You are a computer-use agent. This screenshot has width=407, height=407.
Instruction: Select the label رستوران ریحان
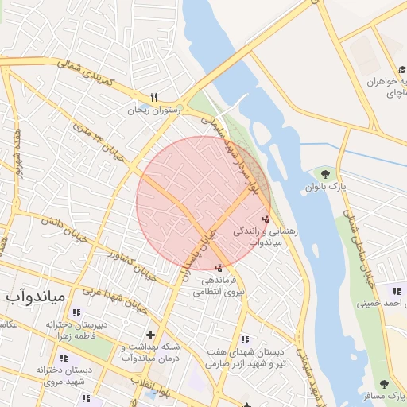pyautogui.click(x=155, y=110)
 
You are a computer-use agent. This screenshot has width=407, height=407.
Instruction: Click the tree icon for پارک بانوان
pyautogui.click(x=325, y=173)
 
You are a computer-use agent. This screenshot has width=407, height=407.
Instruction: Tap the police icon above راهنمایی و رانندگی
pyautogui.click(x=265, y=218)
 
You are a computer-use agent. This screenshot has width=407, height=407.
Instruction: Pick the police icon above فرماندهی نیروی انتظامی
pyautogui.click(x=219, y=268)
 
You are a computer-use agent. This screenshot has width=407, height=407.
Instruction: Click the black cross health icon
pyautogui.click(x=150, y=334)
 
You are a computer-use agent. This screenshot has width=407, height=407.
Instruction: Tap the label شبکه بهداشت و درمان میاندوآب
pyautogui.click(x=149, y=352)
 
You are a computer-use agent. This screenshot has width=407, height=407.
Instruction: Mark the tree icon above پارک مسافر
pyautogui.click(x=384, y=385)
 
